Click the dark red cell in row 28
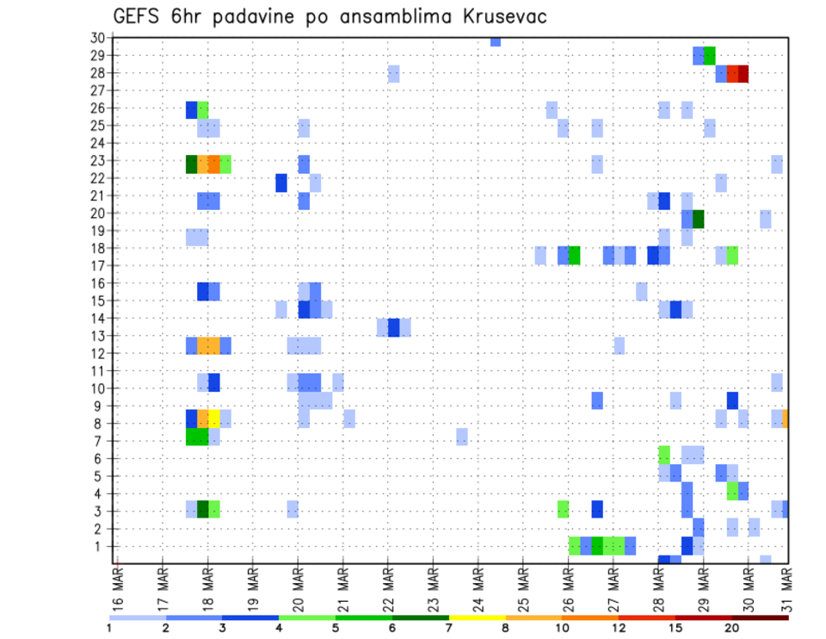click(x=743, y=74)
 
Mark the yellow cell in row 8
click(x=214, y=419)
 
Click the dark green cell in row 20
click(x=699, y=219)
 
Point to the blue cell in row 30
click(x=496, y=41)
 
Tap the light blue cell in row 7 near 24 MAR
click(x=462, y=436)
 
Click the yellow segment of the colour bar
click(x=478, y=617)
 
